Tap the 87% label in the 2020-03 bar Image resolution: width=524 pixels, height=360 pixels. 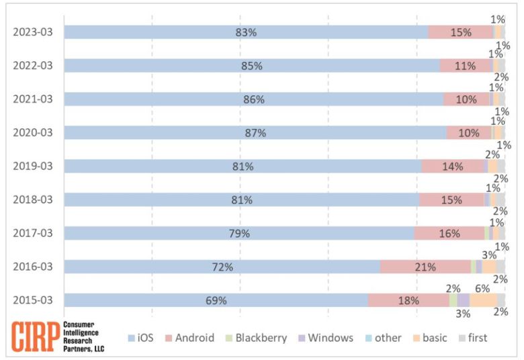[x=255, y=133]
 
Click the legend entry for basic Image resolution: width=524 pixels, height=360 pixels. [x=428, y=338]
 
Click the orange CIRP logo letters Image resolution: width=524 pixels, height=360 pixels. [x=34, y=337]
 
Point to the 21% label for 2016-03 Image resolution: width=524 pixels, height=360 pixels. [x=425, y=267]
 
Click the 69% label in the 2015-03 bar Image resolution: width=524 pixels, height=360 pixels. [x=216, y=300]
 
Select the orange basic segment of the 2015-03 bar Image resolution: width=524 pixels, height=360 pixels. [x=482, y=300]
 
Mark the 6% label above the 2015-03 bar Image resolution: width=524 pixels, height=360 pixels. [x=482, y=288]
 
